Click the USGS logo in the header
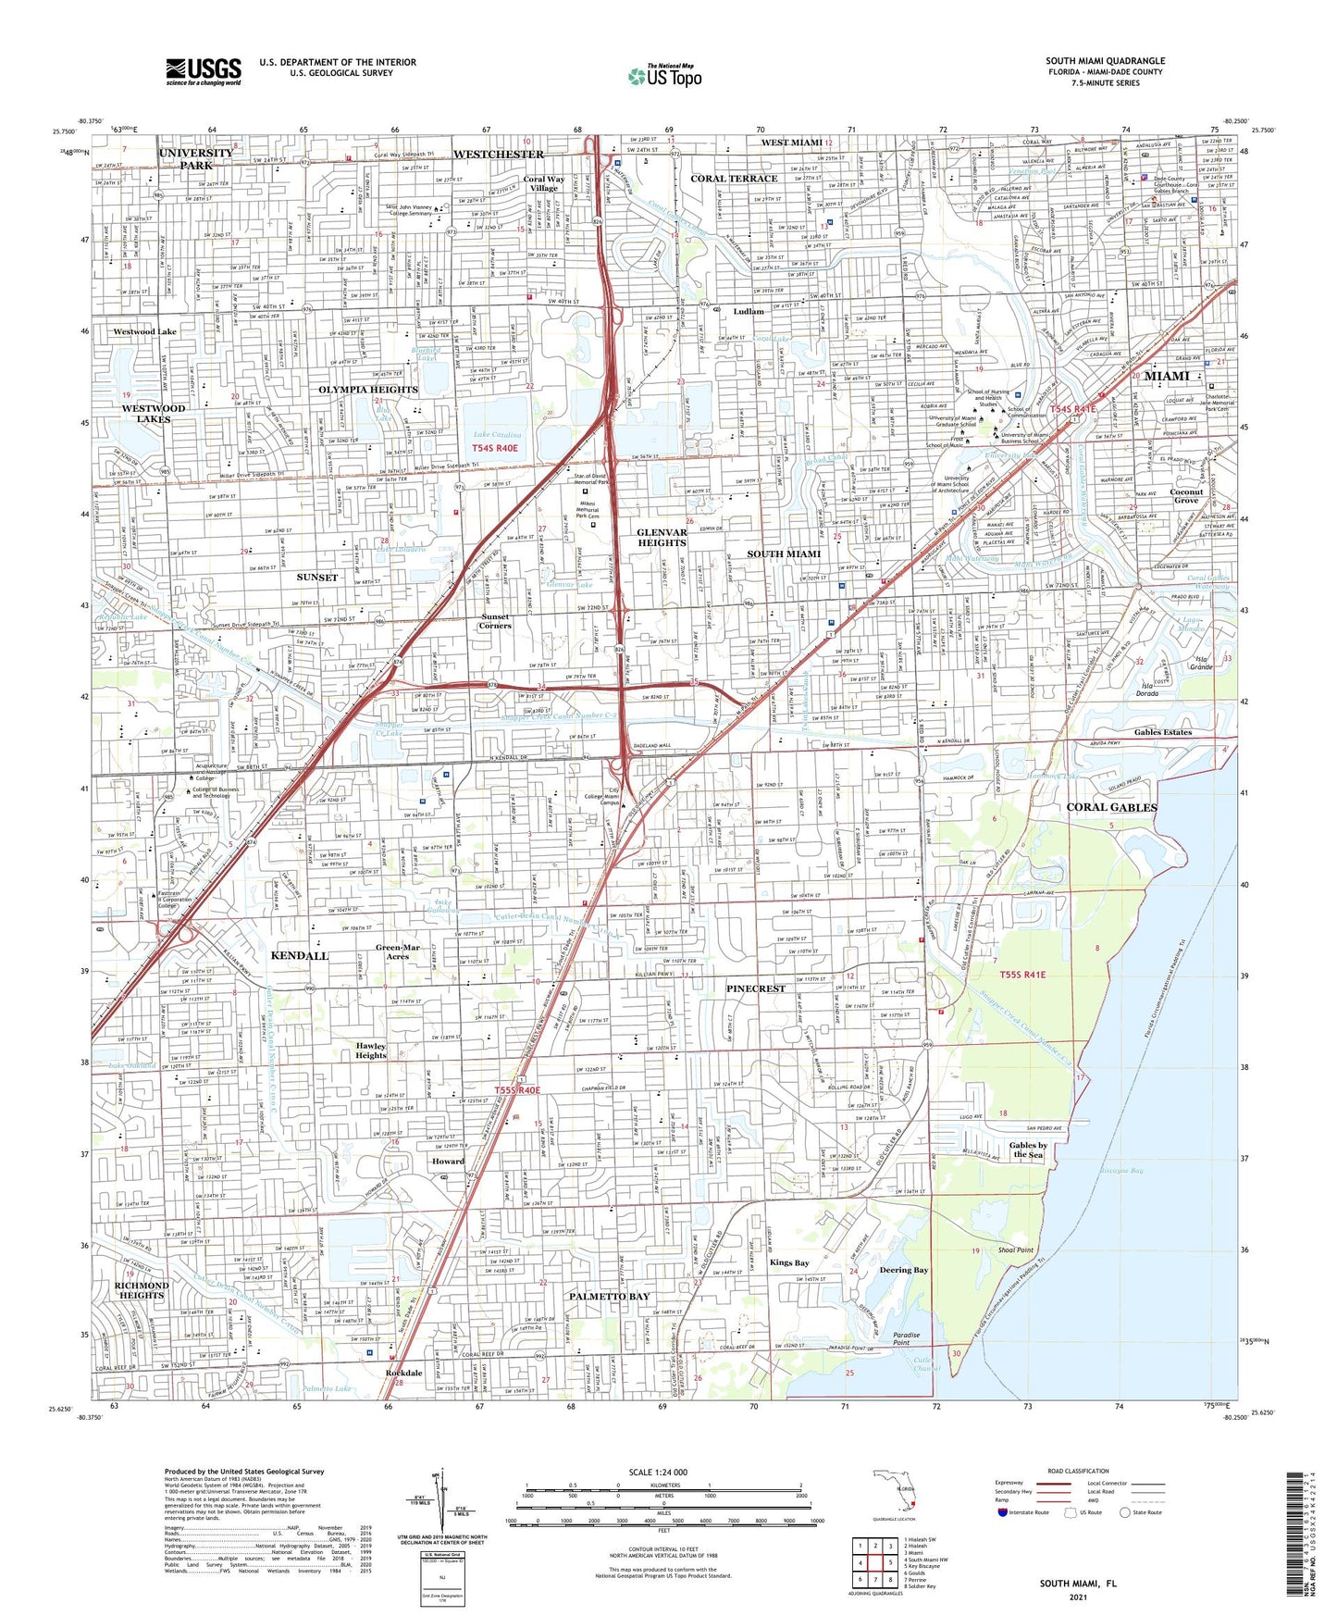(204, 70)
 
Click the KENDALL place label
(299, 954)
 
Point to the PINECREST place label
(755, 988)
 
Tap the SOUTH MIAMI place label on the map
(784, 553)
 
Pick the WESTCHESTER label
(498, 154)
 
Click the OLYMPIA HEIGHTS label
(368, 390)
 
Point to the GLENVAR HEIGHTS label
(662, 538)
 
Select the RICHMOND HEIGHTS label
(142, 1290)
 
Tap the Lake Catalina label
(497, 434)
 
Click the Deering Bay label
(903, 1270)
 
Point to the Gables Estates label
(1162, 732)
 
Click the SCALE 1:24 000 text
(664, 1472)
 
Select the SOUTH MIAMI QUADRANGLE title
(1105, 61)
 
